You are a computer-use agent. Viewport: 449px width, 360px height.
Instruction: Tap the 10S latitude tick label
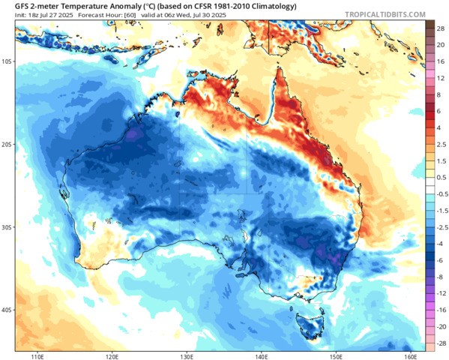click(8, 62)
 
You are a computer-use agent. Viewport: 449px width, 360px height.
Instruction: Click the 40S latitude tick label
click(8, 309)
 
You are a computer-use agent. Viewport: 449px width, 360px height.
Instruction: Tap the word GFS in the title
click(13, 5)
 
